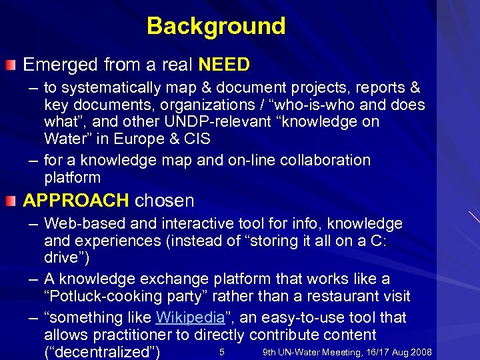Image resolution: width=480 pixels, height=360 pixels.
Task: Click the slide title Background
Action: click(x=216, y=26)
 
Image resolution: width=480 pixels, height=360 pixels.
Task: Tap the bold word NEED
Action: click(x=224, y=65)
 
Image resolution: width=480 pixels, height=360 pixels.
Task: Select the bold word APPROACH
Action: click(x=76, y=201)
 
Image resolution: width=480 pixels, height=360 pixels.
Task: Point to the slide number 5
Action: click(x=221, y=352)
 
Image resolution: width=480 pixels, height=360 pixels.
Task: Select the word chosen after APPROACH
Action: click(x=164, y=201)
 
